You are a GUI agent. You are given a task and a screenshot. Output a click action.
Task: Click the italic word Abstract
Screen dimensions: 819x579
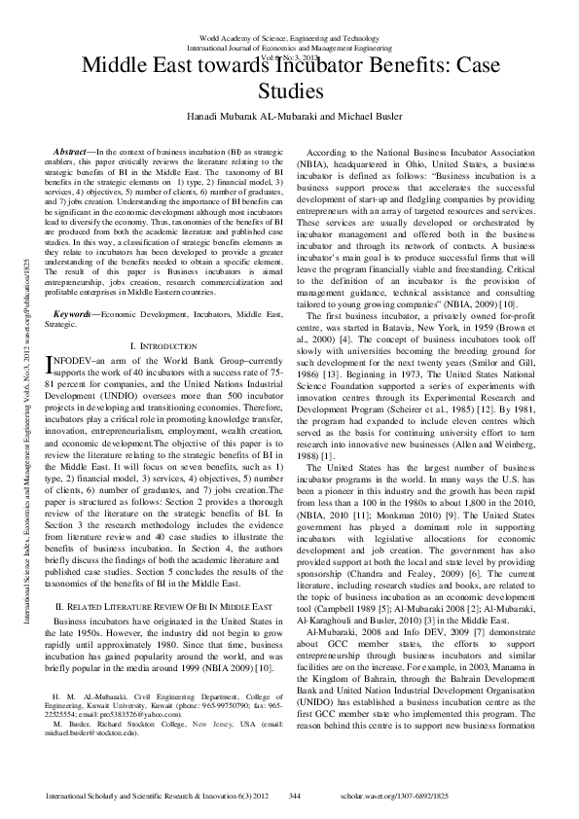tap(71, 153)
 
